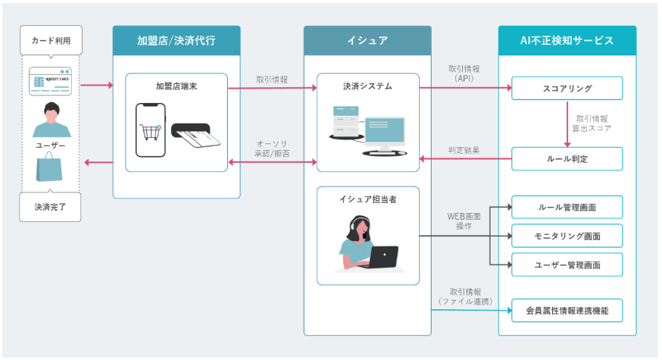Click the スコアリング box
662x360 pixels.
(567, 88)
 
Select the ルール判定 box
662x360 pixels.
(567, 159)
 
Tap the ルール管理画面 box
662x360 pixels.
(567, 207)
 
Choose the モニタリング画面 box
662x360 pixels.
(567, 236)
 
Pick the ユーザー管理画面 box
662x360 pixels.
(567, 265)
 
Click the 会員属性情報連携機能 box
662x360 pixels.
(567, 309)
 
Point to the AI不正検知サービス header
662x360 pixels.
(567, 40)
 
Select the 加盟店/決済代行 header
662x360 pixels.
(176, 40)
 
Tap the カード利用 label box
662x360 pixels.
(51, 40)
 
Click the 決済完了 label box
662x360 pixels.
(51, 206)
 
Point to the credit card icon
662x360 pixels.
(51, 81)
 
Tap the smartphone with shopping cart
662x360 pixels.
(151, 130)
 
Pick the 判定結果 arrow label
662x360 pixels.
(464, 150)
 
